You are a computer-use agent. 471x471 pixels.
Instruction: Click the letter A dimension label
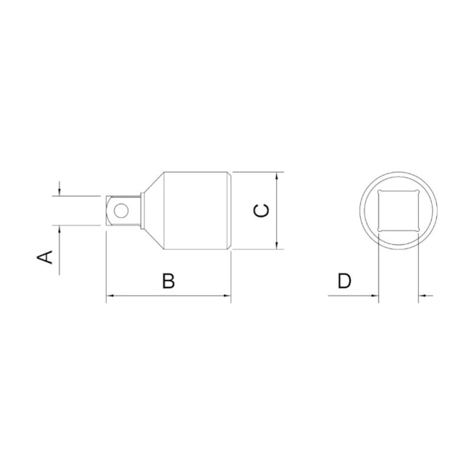[x=46, y=257]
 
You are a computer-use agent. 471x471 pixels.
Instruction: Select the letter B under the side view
[x=168, y=281]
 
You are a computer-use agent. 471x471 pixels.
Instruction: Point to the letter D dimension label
[x=344, y=281]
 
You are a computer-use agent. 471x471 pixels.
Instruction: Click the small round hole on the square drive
[x=121, y=211]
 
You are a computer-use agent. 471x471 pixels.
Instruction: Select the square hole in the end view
[x=398, y=210]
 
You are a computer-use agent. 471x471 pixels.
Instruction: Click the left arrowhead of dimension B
[x=111, y=296]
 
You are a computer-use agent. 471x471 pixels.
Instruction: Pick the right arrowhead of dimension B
[x=227, y=296]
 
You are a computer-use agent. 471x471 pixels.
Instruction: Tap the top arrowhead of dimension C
[x=278, y=176]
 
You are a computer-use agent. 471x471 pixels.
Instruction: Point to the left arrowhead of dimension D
[x=374, y=296]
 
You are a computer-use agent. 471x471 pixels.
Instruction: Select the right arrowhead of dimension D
[x=423, y=296]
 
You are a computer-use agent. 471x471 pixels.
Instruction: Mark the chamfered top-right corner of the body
[x=230, y=174]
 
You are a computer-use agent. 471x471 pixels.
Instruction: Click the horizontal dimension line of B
[x=169, y=296]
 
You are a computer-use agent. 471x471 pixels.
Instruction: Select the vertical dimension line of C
[x=278, y=210]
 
